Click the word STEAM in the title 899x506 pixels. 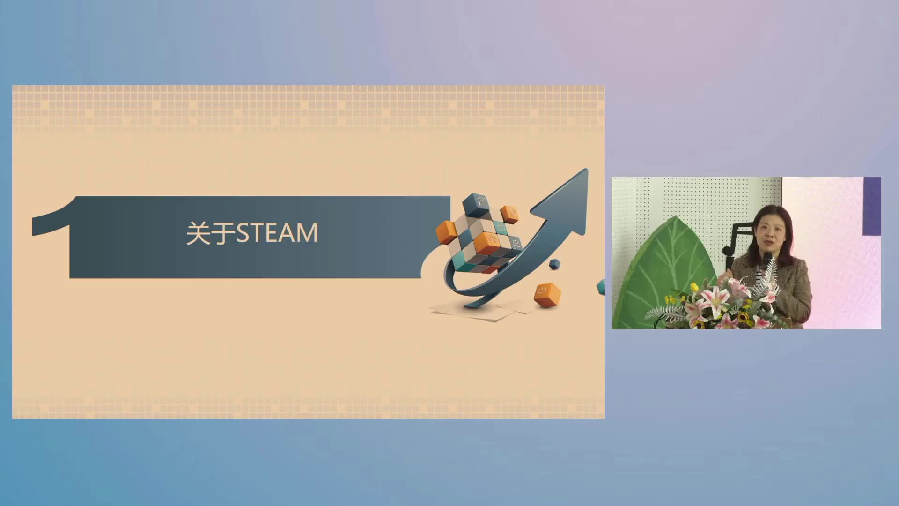[277, 233]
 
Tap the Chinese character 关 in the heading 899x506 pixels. [199, 233]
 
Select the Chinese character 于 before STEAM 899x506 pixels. [223, 233]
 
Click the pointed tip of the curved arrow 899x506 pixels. [586, 170]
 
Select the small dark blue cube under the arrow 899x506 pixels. [555, 263]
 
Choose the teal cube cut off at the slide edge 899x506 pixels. [601, 287]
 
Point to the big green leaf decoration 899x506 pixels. [674, 272]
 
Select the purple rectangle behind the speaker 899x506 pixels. [872, 206]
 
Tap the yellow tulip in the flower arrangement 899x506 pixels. [694, 287]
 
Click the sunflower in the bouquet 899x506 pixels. [743, 318]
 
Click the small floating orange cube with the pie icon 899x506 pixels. [510, 214]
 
